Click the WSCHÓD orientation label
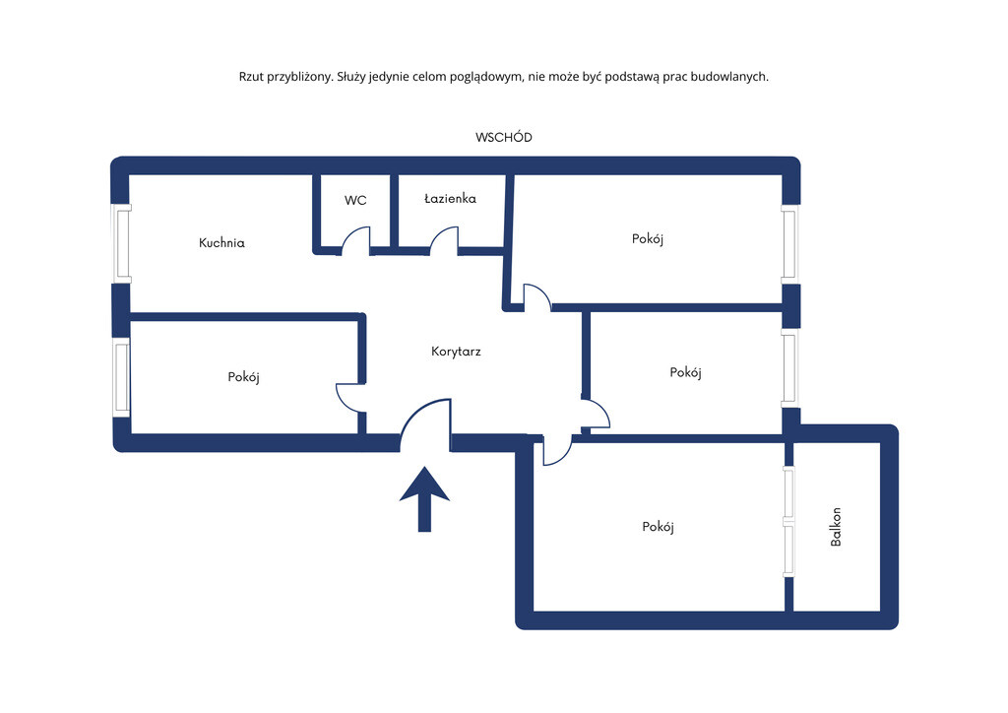(503, 137)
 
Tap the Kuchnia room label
(221, 242)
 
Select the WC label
(355, 200)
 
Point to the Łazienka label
(450, 199)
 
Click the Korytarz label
(456, 351)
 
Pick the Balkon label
(836, 527)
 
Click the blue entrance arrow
(424, 499)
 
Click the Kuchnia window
(121, 243)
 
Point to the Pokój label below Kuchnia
(244, 377)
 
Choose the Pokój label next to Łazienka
(648, 239)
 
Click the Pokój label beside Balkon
(658, 527)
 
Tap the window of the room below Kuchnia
(121, 377)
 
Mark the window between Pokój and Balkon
(788, 521)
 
